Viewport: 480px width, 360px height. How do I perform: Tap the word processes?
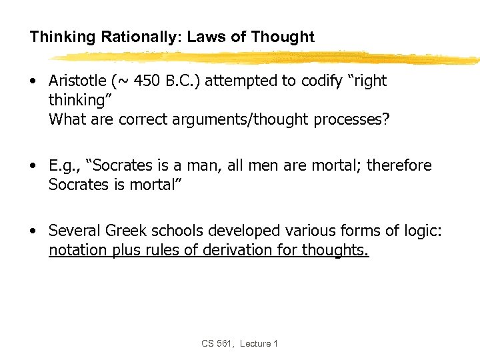point(361,119)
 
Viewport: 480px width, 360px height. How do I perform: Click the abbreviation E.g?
point(65,165)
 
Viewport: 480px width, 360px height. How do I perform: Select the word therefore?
point(398,165)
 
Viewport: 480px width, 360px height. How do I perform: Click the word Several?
point(73,231)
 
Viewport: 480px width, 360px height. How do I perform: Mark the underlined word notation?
point(76,250)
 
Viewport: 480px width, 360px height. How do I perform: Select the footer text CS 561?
point(217,343)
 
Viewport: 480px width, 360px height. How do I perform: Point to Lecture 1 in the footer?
point(259,343)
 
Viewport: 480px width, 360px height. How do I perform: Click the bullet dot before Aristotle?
point(33,82)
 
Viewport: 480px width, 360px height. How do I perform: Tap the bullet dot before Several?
point(33,231)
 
